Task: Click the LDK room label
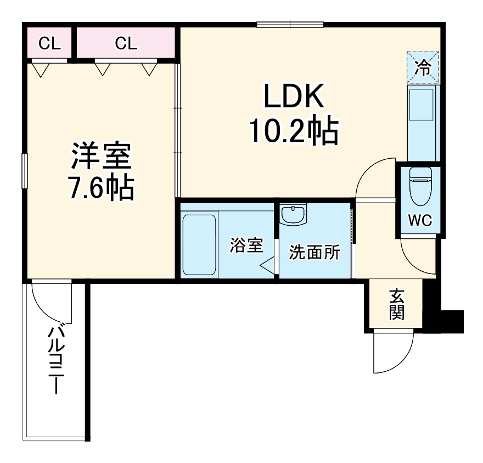[x=294, y=97]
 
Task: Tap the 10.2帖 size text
[x=294, y=131]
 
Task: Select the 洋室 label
[x=101, y=157]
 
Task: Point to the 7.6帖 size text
[x=101, y=188]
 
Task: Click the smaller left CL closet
[x=49, y=44]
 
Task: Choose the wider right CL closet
[x=126, y=44]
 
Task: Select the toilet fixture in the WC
[x=421, y=187]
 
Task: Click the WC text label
[x=420, y=220]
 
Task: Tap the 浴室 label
[x=246, y=246]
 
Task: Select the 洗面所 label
[x=314, y=253]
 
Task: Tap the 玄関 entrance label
[x=396, y=304]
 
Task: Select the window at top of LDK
[x=290, y=24]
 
